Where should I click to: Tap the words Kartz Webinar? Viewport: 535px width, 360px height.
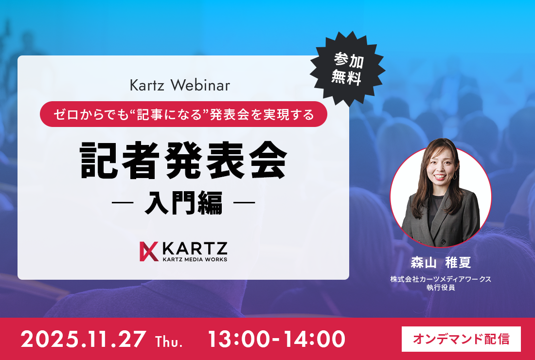[180, 85]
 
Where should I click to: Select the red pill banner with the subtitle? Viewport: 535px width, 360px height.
[183, 114]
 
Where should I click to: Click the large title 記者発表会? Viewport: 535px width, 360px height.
[183, 161]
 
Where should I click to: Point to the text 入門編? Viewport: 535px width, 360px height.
[183, 202]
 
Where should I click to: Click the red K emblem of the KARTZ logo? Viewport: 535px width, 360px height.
[149, 252]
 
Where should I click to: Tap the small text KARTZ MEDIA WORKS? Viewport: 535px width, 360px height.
[195, 259]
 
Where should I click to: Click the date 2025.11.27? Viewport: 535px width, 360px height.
[84, 339]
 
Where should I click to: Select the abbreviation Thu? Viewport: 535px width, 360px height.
[169, 341]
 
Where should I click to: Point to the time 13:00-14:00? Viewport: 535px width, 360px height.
[276, 339]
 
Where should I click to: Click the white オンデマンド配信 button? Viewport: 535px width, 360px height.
[461, 339]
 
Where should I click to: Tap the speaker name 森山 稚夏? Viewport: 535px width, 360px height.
[441, 262]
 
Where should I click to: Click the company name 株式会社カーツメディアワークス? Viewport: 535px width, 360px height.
[441, 279]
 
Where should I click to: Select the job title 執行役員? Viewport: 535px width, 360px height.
[441, 288]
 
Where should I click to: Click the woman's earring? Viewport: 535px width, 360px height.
[454, 176]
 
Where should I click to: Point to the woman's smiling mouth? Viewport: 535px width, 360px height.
[440, 177]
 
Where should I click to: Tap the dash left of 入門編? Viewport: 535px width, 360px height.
[122, 203]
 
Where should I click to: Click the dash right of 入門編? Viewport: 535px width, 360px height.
[244, 203]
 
